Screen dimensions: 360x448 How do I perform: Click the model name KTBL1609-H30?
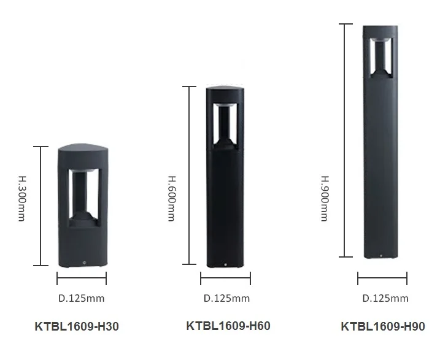pyautogui.click(x=76, y=327)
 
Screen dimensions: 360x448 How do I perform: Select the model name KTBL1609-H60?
pyautogui.click(x=228, y=326)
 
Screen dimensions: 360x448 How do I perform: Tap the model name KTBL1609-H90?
pyautogui.click(x=382, y=326)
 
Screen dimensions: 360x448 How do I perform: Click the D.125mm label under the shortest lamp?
pyautogui.click(x=82, y=299)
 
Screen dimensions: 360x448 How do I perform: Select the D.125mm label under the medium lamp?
pyautogui.click(x=226, y=298)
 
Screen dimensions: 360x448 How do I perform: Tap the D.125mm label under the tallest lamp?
pyautogui.click(x=385, y=298)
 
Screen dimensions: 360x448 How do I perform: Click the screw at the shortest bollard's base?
pyautogui.click(x=82, y=262)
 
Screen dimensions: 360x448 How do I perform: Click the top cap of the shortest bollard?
pyautogui.click(x=82, y=149)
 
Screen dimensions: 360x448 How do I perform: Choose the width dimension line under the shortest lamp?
pyautogui.click(x=82, y=279)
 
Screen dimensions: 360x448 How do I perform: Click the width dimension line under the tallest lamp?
pyautogui.click(x=382, y=279)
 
